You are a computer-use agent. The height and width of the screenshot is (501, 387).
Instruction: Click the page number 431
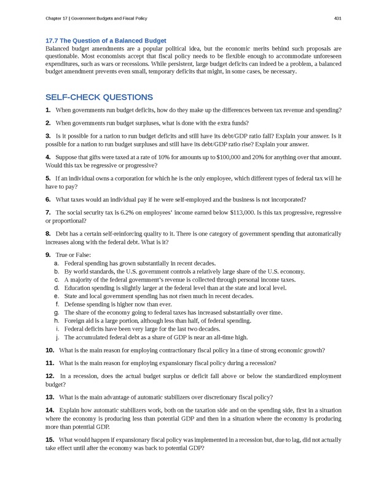[x=337, y=18]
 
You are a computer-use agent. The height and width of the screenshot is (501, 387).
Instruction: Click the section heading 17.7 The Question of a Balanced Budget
[x=106, y=41]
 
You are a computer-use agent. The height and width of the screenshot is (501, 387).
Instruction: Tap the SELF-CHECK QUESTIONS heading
[x=99, y=97]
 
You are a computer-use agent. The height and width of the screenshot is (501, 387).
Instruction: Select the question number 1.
[x=48, y=110]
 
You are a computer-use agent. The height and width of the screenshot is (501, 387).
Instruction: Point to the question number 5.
[x=48, y=178]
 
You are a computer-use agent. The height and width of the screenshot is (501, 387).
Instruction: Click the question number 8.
[x=48, y=234]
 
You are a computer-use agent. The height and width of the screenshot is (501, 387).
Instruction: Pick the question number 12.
[x=50, y=375]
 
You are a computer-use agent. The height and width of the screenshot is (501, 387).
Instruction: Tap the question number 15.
[x=50, y=440]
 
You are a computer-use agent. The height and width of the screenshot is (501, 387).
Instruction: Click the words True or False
[x=73, y=254]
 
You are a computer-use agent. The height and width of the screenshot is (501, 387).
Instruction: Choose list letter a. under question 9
[x=56, y=262]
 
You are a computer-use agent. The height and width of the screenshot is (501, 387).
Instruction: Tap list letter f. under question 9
[x=57, y=304]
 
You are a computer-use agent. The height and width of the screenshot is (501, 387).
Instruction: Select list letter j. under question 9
[x=57, y=337]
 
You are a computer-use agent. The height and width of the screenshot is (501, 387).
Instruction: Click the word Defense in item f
[x=76, y=304]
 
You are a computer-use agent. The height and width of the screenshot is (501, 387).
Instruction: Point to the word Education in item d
[x=79, y=287]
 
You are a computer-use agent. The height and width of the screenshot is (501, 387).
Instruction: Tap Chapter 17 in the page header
[x=59, y=18]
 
